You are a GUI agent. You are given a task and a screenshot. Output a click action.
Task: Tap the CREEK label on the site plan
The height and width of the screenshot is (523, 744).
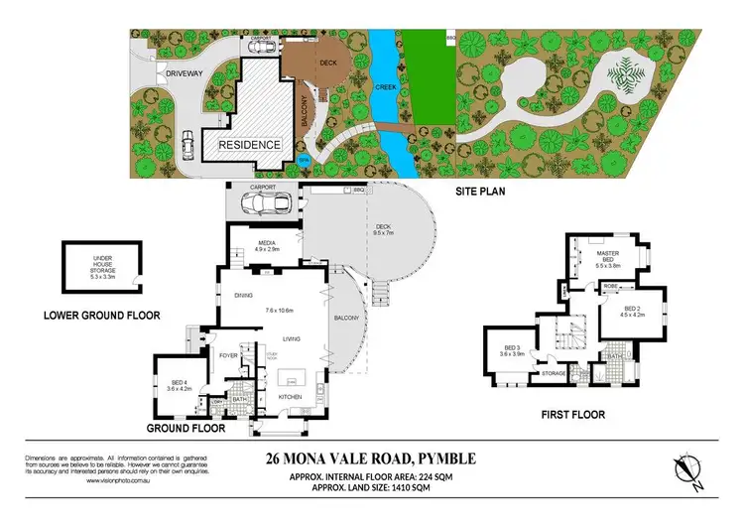(385, 86)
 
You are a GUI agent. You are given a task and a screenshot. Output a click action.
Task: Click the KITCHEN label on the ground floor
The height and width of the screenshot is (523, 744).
(290, 397)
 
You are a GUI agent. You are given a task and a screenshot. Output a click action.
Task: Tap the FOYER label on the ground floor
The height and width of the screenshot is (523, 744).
(226, 352)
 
